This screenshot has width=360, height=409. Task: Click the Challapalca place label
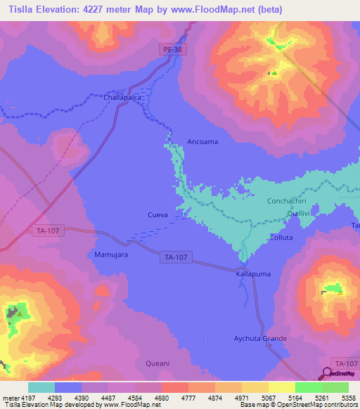click(x=123, y=98)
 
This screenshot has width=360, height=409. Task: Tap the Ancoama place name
click(x=202, y=142)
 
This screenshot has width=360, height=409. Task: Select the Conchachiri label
click(x=289, y=201)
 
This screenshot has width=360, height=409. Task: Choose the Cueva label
click(x=157, y=215)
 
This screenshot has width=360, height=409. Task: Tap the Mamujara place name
click(x=111, y=254)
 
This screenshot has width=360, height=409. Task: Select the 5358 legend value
click(x=348, y=398)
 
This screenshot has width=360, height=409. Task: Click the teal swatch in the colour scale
click(x=41, y=387)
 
